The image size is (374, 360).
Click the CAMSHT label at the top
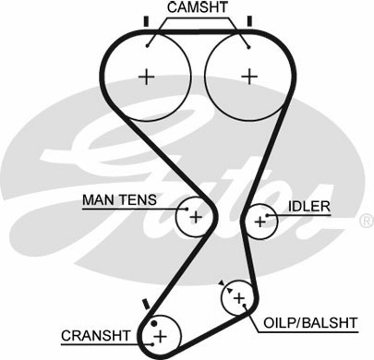click(x=197, y=7)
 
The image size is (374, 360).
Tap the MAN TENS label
click(x=119, y=200)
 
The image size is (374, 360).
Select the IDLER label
click(x=309, y=206)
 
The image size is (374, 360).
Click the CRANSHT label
click(x=96, y=336)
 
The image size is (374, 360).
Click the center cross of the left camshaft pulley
click(x=147, y=76)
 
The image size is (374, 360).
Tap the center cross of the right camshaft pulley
click(x=250, y=76)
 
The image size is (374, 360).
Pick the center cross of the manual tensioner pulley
click(x=195, y=216)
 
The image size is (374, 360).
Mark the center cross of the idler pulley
click(x=260, y=221)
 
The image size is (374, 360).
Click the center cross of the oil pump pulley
click(x=239, y=297)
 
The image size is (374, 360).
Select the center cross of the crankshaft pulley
click(x=160, y=336)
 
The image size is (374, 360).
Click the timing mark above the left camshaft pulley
click(x=146, y=22)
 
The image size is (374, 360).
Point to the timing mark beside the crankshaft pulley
click(x=146, y=304)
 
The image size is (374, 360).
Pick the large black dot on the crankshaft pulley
click(x=154, y=324)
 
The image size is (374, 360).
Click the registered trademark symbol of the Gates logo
click(x=365, y=218)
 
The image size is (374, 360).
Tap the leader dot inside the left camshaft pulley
click(x=147, y=45)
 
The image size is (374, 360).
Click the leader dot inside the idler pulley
click(x=267, y=216)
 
